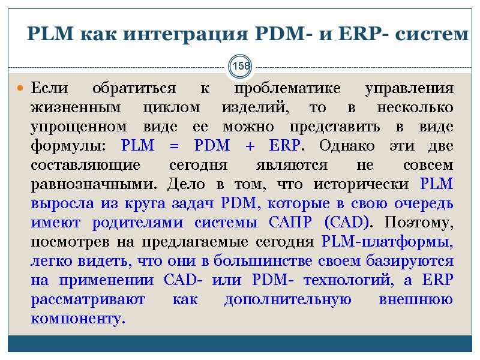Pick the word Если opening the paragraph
click(50, 89)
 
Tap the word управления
click(409, 89)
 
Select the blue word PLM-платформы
click(388, 242)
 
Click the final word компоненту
click(78, 318)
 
